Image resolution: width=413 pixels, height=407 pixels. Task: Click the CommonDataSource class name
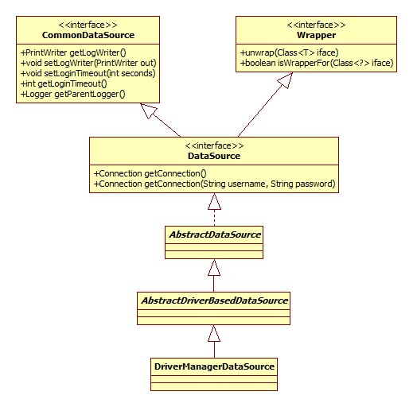(x=88, y=35)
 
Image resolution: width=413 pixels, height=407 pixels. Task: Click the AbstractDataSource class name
(x=213, y=235)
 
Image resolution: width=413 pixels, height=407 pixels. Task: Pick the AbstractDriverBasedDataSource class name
(x=213, y=300)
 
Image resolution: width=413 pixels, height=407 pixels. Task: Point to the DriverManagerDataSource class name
(x=213, y=366)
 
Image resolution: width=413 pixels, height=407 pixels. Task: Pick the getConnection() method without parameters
(x=150, y=173)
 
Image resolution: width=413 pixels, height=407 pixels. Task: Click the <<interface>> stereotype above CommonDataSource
(x=88, y=24)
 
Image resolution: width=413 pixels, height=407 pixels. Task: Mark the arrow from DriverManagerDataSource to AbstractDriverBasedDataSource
(x=213, y=343)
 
